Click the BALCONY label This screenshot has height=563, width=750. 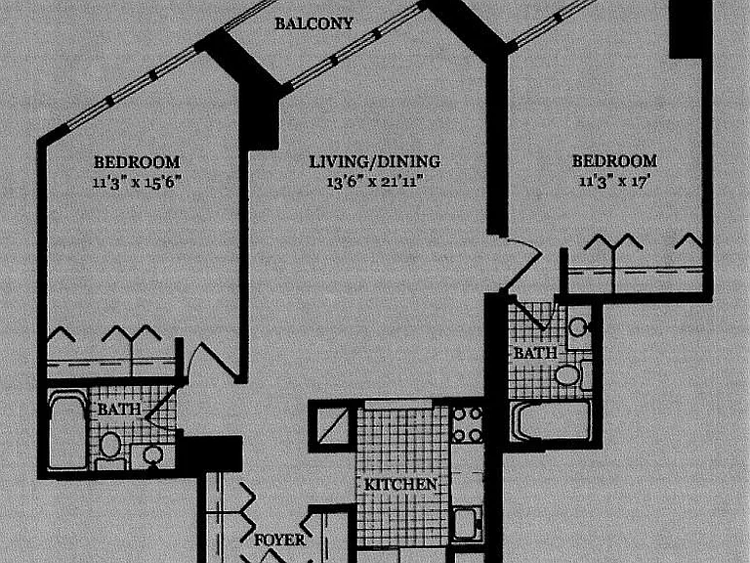pyautogui.click(x=313, y=23)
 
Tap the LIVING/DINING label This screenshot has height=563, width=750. pyautogui.click(x=375, y=162)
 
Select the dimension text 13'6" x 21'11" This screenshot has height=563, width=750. pyautogui.click(x=376, y=182)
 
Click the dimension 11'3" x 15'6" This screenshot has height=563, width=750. pyautogui.click(x=138, y=183)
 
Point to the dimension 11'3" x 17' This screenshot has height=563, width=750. pyautogui.click(x=614, y=182)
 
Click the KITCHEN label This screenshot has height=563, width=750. pyautogui.click(x=400, y=485)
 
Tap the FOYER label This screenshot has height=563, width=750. pyautogui.click(x=280, y=540)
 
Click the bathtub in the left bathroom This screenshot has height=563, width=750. pyautogui.click(x=67, y=430)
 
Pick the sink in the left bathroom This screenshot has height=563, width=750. pyautogui.click(x=153, y=455)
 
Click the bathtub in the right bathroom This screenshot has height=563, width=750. pyautogui.click(x=551, y=420)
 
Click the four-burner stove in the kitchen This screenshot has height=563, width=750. pyautogui.click(x=467, y=424)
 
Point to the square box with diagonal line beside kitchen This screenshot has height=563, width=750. pyautogui.click(x=333, y=424)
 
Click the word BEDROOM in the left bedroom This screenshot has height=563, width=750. pyautogui.click(x=138, y=162)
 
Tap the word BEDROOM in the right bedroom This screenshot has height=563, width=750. pyautogui.click(x=614, y=161)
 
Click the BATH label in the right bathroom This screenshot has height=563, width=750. pyautogui.click(x=535, y=353)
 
